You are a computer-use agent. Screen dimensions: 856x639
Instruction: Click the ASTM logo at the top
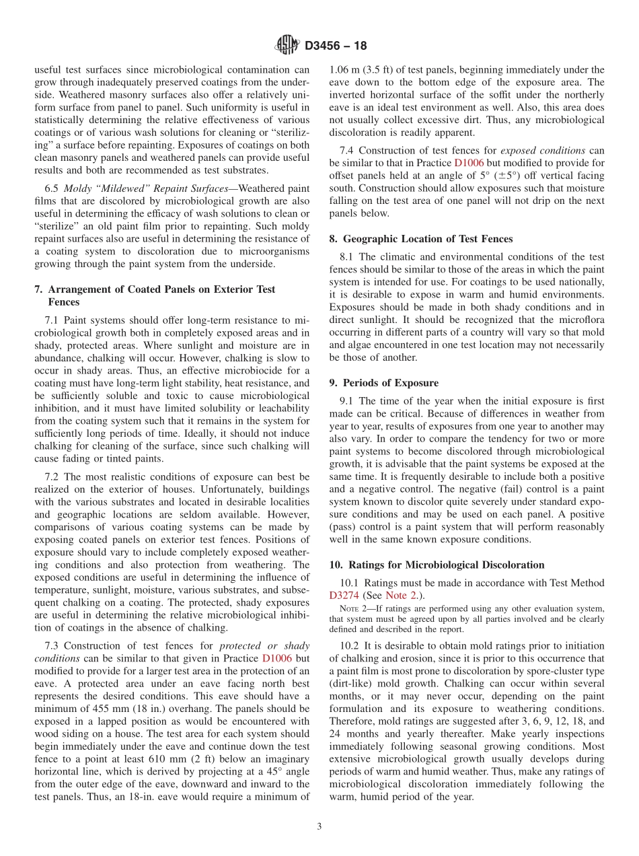pyautogui.click(x=287, y=46)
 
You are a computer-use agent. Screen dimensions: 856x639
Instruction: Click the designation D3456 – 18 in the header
pyautogui.click(x=336, y=46)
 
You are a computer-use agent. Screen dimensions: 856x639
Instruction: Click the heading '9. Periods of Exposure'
pyautogui.click(x=383, y=383)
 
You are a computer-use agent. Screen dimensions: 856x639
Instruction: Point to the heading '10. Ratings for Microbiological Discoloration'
pyautogui.click(x=437, y=565)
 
